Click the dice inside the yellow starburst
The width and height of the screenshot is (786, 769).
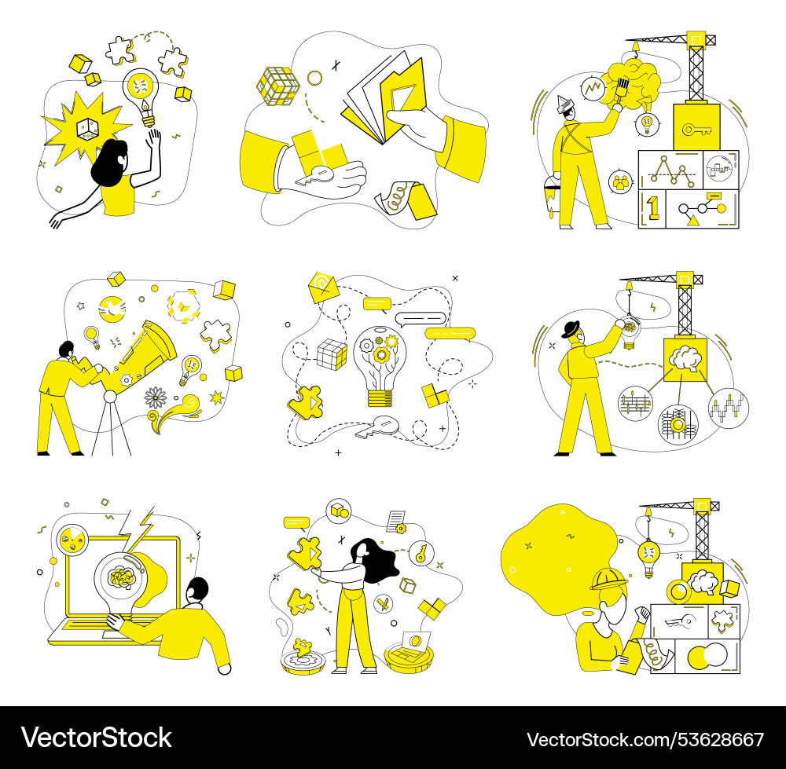click(x=87, y=129)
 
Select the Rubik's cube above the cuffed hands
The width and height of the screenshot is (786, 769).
click(x=277, y=86)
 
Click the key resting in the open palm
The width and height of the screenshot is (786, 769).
click(x=315, y=177)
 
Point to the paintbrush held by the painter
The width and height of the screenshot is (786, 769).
click(x=621, y=92)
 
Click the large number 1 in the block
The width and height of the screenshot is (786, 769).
click(x=652, y=208)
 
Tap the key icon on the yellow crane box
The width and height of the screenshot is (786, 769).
click(x=696, y=130)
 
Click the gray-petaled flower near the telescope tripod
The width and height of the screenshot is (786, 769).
click(x=156, y=397)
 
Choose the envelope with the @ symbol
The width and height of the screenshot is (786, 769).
click(x=324, y=287)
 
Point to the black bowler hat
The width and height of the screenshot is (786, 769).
click(x=571, y=329)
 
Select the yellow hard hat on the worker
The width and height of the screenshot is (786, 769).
click(x=608, y=579)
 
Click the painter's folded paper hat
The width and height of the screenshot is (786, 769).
click(x=566, y=104)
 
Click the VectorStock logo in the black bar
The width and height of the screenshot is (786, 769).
click(x=96, y=738)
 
